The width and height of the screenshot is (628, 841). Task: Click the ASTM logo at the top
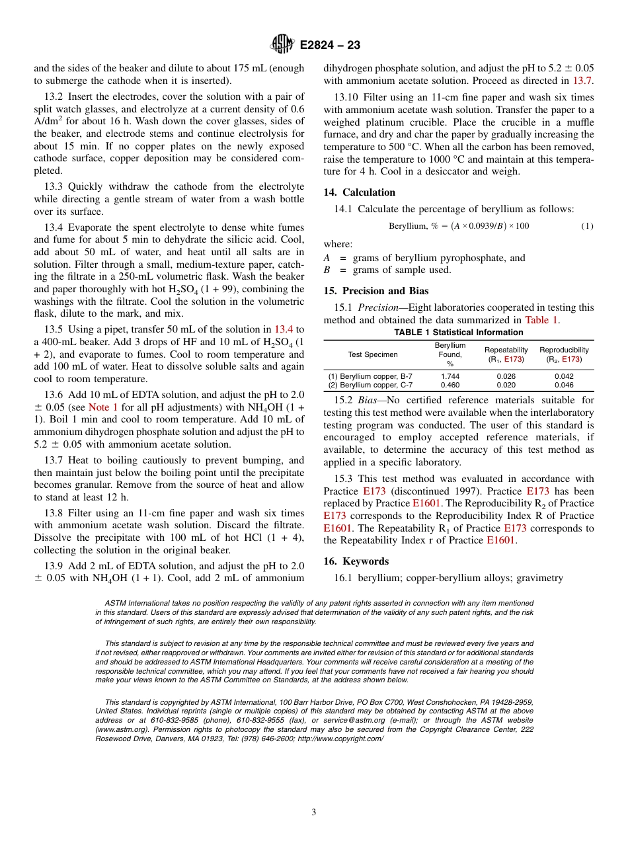(282, 45)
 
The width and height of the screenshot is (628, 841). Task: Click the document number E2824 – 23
(330, 46)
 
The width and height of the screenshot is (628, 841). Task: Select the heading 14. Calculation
(359, 192)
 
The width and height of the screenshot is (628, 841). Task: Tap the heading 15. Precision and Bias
(375, 291)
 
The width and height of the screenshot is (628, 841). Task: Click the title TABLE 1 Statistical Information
(458, 333)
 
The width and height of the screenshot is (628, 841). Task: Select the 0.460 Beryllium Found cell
(450, 385)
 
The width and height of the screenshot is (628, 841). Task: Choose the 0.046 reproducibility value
(563, 385)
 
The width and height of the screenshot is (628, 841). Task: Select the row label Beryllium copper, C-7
(370, 385)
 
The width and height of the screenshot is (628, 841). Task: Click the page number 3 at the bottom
(314, 813)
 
